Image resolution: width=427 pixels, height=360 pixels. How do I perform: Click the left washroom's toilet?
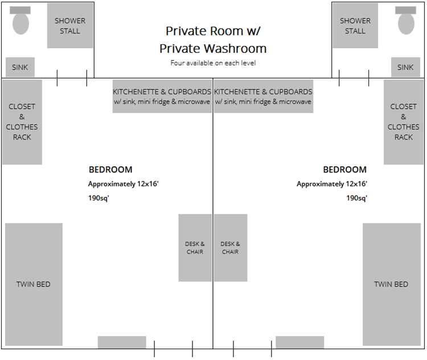click(x=21, y=23)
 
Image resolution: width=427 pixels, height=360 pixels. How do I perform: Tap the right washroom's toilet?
click(x=406, y=23)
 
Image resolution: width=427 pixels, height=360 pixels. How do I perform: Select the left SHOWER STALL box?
click(x=70, y=26)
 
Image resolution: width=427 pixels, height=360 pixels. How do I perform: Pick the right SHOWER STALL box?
click(x=355, y=26)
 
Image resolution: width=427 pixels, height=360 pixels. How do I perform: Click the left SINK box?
click(x=20, y=67)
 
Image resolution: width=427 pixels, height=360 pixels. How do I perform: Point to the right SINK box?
click(x=405, y=67)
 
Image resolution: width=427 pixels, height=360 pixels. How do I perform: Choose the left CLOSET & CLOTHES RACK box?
click(x=22, y=122)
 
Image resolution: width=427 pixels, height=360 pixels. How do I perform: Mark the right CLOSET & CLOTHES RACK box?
click(x=404, y=122)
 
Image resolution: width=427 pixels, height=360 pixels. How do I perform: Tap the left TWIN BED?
click(x=34, y=284)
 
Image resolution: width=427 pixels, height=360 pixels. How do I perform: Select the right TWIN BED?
click(x=391, y=284)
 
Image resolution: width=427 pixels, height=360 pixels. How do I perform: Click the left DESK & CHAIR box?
click(x=195, y=248)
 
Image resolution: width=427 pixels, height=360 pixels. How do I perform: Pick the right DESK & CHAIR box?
click(x=231, y=248)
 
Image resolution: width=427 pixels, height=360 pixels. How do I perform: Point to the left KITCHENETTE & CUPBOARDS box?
click(x=162, y=96)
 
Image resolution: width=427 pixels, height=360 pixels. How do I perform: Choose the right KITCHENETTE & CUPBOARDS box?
click(x=263, y=96)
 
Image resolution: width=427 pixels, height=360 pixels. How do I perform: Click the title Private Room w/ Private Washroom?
click(x=213, y=39)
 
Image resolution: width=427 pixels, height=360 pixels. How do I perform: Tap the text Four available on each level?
click(x=213, y=63)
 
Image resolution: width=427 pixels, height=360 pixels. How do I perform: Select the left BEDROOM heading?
click(x=110, y=169)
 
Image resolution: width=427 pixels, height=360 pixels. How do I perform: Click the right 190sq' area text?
click(x=356, y=198)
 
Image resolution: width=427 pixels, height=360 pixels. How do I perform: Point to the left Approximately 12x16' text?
click(x=127, y=184)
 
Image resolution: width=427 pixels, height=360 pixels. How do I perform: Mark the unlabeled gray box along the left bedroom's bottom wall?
click(x=122, y=342)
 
